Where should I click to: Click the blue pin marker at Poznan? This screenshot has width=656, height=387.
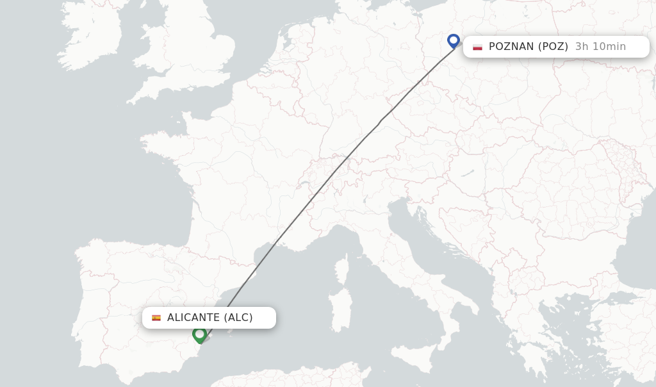[x=454, y=41]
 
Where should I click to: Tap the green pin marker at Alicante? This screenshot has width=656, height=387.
[x=199, y=334]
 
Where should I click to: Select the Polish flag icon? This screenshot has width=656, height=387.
[x=477, y=47]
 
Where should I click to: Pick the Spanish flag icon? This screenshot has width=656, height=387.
[x=156, y=318]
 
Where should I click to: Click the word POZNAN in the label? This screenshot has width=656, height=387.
[x=511, y=46]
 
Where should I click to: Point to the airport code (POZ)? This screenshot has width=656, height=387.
[x=553, y=46]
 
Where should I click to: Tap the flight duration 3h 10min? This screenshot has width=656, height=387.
[x=600, y=46]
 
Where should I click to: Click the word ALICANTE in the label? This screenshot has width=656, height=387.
[x=193, y=317]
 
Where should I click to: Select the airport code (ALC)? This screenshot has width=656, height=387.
[x=238, y=317]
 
